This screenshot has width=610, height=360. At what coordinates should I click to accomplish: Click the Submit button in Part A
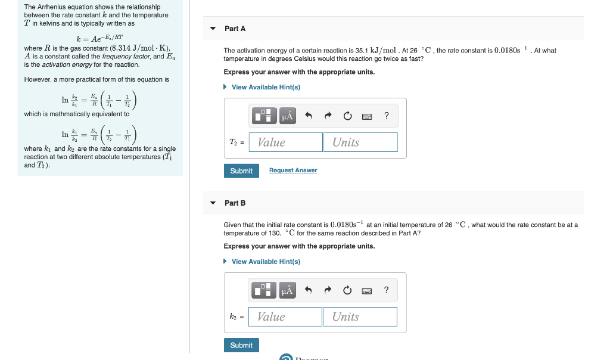click(241, 171)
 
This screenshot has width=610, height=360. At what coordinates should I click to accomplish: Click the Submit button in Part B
click(241, 345)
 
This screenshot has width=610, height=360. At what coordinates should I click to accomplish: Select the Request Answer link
click(292, 170)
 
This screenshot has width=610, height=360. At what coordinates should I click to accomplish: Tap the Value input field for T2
click(286, 142)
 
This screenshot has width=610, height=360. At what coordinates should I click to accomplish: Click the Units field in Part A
click(360, 142)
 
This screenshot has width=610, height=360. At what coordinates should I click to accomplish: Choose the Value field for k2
click(285, 317)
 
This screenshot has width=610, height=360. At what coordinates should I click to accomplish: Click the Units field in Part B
click(360, 317)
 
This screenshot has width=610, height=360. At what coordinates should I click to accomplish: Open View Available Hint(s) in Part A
click(265, 87)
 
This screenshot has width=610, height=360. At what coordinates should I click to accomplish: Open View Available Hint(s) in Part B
click(265, 262)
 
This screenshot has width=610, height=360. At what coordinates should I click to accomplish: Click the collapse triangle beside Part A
click(213, 29)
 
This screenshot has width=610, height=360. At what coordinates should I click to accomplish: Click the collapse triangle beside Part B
click(213, 203)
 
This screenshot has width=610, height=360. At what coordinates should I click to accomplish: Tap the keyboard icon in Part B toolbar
click(367, 291)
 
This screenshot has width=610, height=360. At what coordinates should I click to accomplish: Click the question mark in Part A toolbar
click(387, 116)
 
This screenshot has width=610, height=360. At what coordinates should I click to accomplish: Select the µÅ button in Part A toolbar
click(287, 116)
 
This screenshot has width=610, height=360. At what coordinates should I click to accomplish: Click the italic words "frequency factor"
click(125, 57)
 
